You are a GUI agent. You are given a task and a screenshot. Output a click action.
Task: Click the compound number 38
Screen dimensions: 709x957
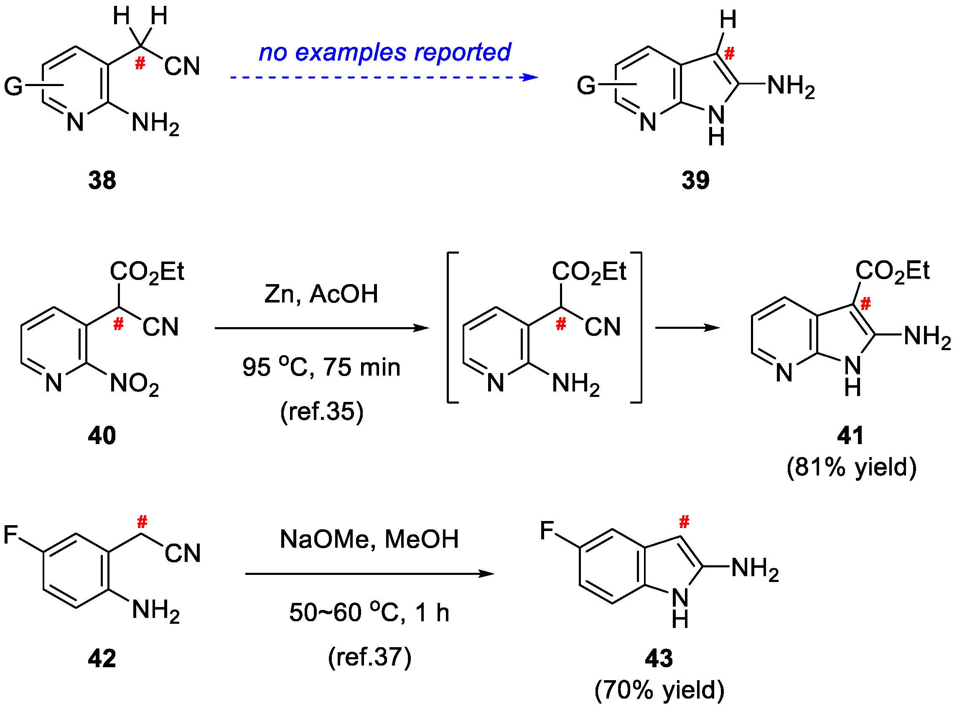coord(102,180)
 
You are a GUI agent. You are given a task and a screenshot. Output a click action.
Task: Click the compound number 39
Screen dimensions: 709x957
coord(695,180)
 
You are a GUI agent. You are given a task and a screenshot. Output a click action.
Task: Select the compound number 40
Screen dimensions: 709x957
coord(102,436)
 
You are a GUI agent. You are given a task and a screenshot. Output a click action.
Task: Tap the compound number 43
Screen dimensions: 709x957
coord(659,658)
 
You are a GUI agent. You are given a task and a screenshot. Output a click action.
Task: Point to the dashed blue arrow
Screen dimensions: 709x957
coord(384,78)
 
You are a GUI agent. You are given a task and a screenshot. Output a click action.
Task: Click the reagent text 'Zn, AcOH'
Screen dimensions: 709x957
coord(321,295)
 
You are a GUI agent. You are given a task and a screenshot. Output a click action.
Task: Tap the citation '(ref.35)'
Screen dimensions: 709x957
coord(321,412)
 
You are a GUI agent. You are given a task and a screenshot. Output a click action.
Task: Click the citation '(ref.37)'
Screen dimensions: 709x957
coord(370,657)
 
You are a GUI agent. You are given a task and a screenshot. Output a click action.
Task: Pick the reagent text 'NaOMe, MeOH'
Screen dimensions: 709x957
coord(369,539)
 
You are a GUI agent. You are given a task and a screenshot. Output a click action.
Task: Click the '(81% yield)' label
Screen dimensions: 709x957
coord(851,468)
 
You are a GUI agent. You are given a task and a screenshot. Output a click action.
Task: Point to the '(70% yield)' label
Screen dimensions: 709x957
coord(659,690)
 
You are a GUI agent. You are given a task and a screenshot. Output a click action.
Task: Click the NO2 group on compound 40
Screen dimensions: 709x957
coord(135,384)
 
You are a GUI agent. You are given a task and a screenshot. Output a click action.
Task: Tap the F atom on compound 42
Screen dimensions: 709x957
coord(11,535)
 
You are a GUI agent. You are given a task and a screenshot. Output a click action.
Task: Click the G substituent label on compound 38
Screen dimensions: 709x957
coord(13,86)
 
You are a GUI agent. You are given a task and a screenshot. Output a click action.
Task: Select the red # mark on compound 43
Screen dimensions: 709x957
coord(684,522)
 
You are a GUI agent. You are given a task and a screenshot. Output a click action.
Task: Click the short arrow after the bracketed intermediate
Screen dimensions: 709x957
coord(687,328)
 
